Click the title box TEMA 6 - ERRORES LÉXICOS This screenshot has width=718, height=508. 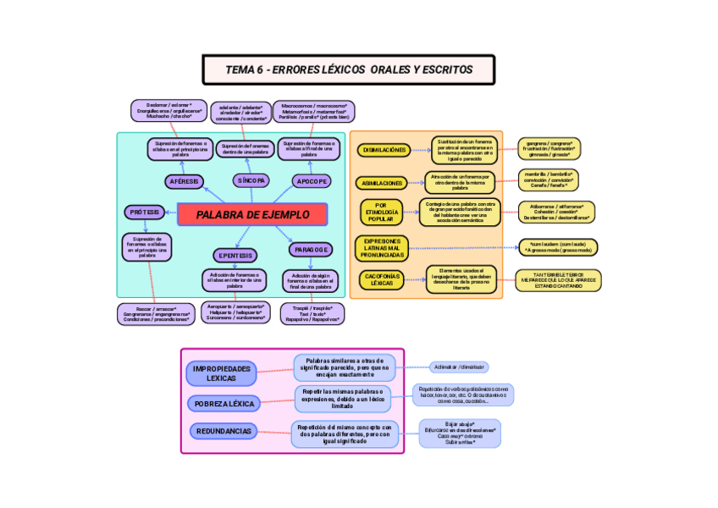pyautogui.click(x=348, y=69)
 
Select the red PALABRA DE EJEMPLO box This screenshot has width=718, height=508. pyautogui.click(x=252, y=215)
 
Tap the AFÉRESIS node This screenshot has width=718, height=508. pyautogui.click(x=184, y=181)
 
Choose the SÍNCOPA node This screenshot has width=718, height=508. pyautogui.click(x=251, y=180)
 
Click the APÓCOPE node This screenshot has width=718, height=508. pyautogui.click(x=312, y=181)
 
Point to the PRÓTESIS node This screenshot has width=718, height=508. pyautogui.click(x=146, y=212)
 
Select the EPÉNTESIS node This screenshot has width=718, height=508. pyautogui.click(x=235, y=255)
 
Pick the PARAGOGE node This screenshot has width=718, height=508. pyautogui.click(x=311, y=250)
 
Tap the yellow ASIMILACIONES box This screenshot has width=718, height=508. pyautogui.click(x=382, y=183)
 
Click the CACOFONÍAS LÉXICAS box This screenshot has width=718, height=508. pyautogui.click(x=381, y=279)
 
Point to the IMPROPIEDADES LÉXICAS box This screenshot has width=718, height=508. pyautogui.click(x=222, y=373)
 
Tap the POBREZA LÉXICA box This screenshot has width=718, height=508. pyautogui.click(x=224, y=404)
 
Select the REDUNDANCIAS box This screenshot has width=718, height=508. pyautogui.click(x=224, y=431)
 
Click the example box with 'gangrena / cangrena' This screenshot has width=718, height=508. pyautogui.click(x=548, y=149)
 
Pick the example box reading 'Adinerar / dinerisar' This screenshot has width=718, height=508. pyautogui.click(x=458, y=367)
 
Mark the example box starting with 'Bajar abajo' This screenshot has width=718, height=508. pyautogui.click(x=459, y=433)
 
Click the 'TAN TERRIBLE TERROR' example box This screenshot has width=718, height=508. pyautogui.click(x=558, y=280)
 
